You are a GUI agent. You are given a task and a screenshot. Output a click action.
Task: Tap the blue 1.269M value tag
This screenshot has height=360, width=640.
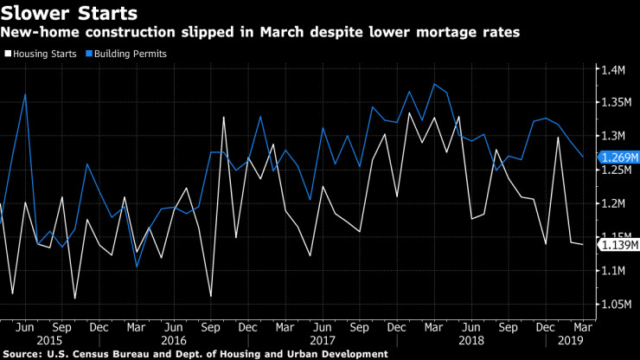click(x=616, y=157)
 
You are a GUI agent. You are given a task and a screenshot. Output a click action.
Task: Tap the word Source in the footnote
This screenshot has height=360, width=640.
click(x=21, y=354)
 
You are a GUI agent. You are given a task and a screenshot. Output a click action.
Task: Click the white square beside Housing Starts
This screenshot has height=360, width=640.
click(x=7, y=54)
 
